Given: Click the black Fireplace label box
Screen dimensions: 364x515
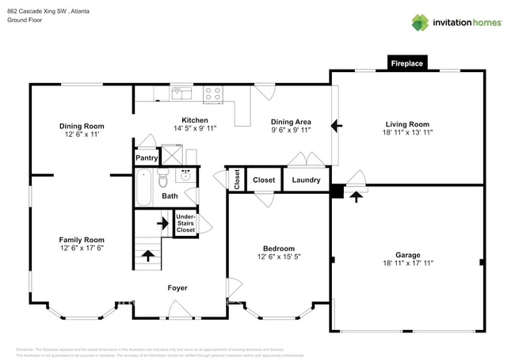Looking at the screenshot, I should pos(407,63).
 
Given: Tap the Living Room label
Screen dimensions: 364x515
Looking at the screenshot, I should pos(407,124).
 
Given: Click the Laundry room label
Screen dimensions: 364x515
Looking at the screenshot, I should pos(306,180).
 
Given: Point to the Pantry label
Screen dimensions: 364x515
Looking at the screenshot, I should pos(147,158).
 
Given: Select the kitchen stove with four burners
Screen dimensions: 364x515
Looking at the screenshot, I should pos(212,94).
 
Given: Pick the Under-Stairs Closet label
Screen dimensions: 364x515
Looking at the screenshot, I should pos(185,223).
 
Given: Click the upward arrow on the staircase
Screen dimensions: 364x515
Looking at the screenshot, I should pos(147,255).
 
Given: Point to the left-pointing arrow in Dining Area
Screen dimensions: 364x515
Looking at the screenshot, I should pos(336,125).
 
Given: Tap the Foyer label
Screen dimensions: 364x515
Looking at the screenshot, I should pos(177,288).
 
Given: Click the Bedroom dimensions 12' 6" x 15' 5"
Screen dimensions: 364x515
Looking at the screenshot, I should pos(279,256).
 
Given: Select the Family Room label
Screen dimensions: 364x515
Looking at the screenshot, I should pos(82,240).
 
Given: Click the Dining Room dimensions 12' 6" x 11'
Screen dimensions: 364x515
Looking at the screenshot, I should pos(82,135).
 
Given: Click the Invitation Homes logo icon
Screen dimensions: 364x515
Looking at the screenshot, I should pos(419,22).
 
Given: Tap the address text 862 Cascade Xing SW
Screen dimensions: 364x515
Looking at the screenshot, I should pos(36,10).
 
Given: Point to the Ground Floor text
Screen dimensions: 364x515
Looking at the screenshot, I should pos(25,21).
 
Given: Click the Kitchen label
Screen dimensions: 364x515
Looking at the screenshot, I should pos(194,120).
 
